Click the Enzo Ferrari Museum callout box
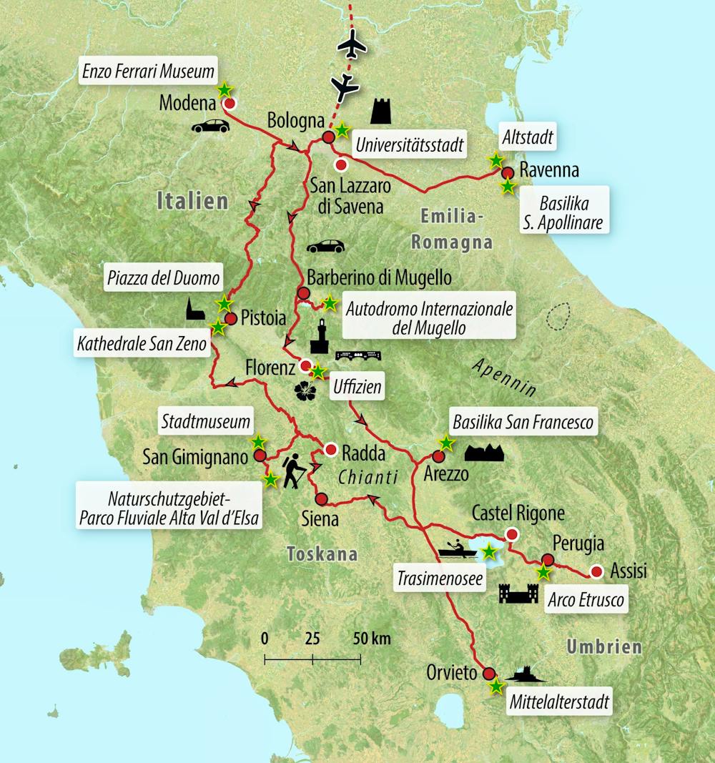(148, 71)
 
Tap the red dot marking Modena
(230, 104)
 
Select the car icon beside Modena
(210, 127)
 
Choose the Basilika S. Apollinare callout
(561, 209)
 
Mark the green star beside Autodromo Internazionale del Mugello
(329, 303)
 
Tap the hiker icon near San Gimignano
(295, 471)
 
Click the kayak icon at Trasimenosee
(458, 550)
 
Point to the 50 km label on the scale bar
(372, 639)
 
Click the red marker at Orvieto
(489, 673)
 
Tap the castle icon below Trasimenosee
(518, 593)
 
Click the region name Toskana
(321, 553)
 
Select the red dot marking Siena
(321, 498)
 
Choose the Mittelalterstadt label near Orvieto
(559, 702)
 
